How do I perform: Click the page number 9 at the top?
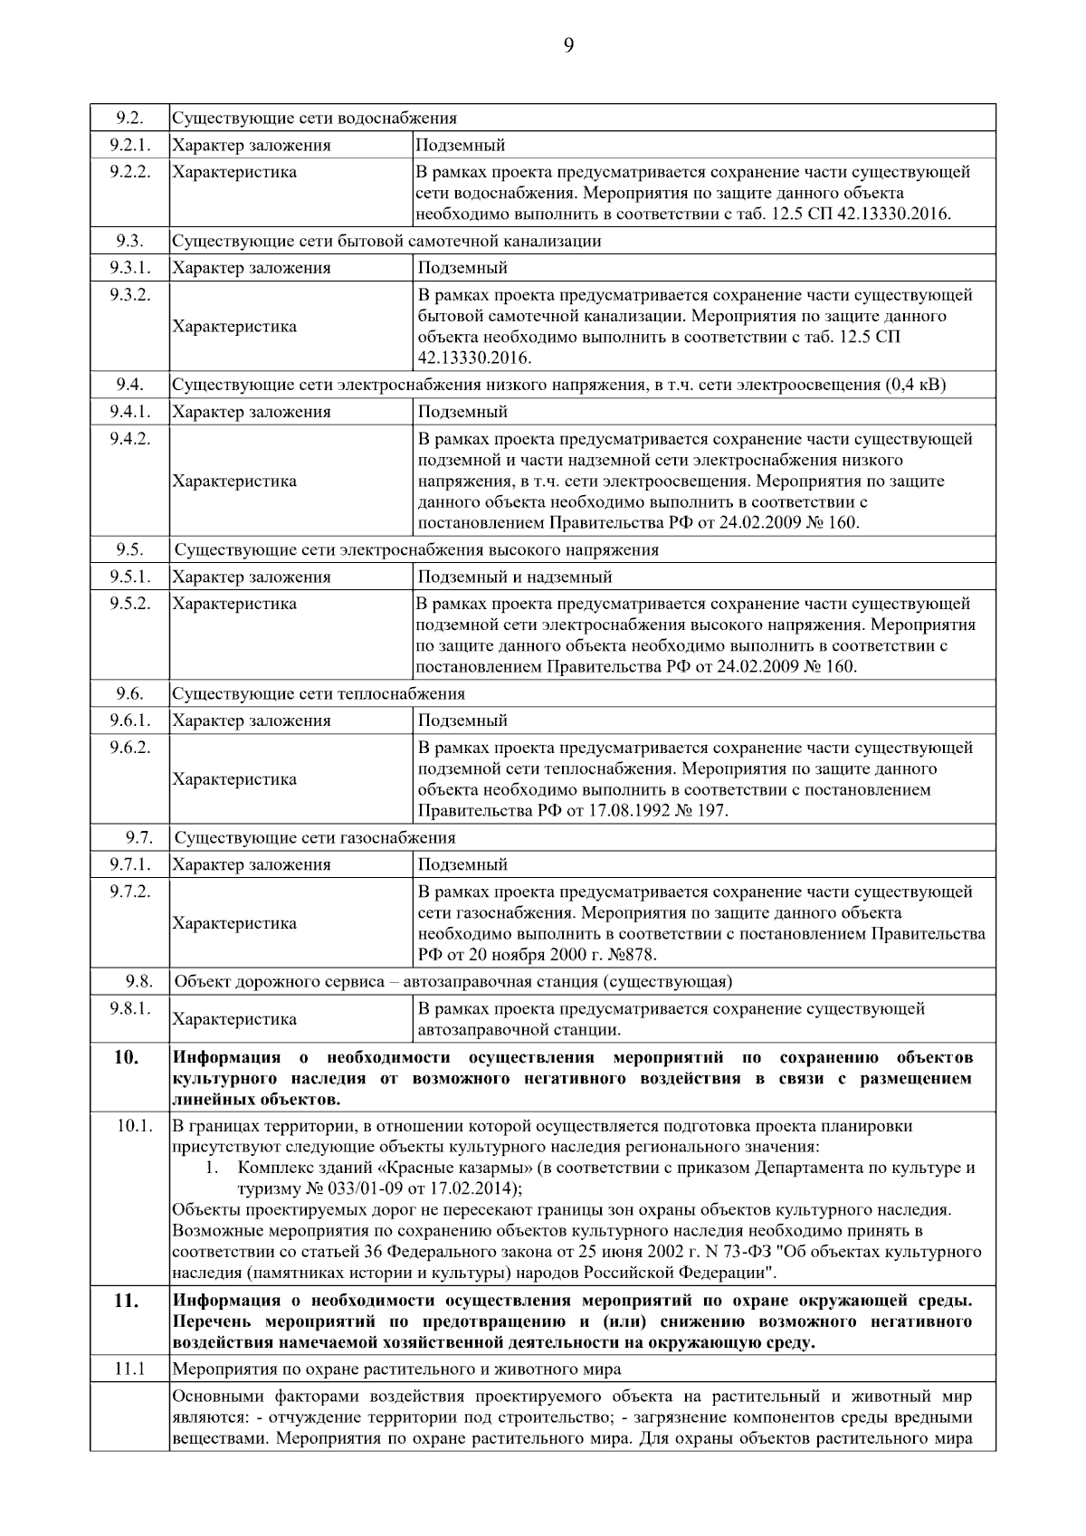click(568, 47)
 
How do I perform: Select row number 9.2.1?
click(130, 145)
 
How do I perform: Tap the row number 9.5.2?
click(130, 604)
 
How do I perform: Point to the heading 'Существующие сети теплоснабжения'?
click(319, 694)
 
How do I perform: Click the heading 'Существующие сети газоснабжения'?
click(315, 838)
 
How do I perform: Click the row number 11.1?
click(130, 1369)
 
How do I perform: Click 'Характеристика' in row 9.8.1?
click(234, 1019)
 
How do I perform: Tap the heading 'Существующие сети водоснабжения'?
click(314, 119)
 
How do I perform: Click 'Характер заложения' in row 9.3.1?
click(252, 268)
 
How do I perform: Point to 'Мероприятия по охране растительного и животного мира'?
click(396, 1369)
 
